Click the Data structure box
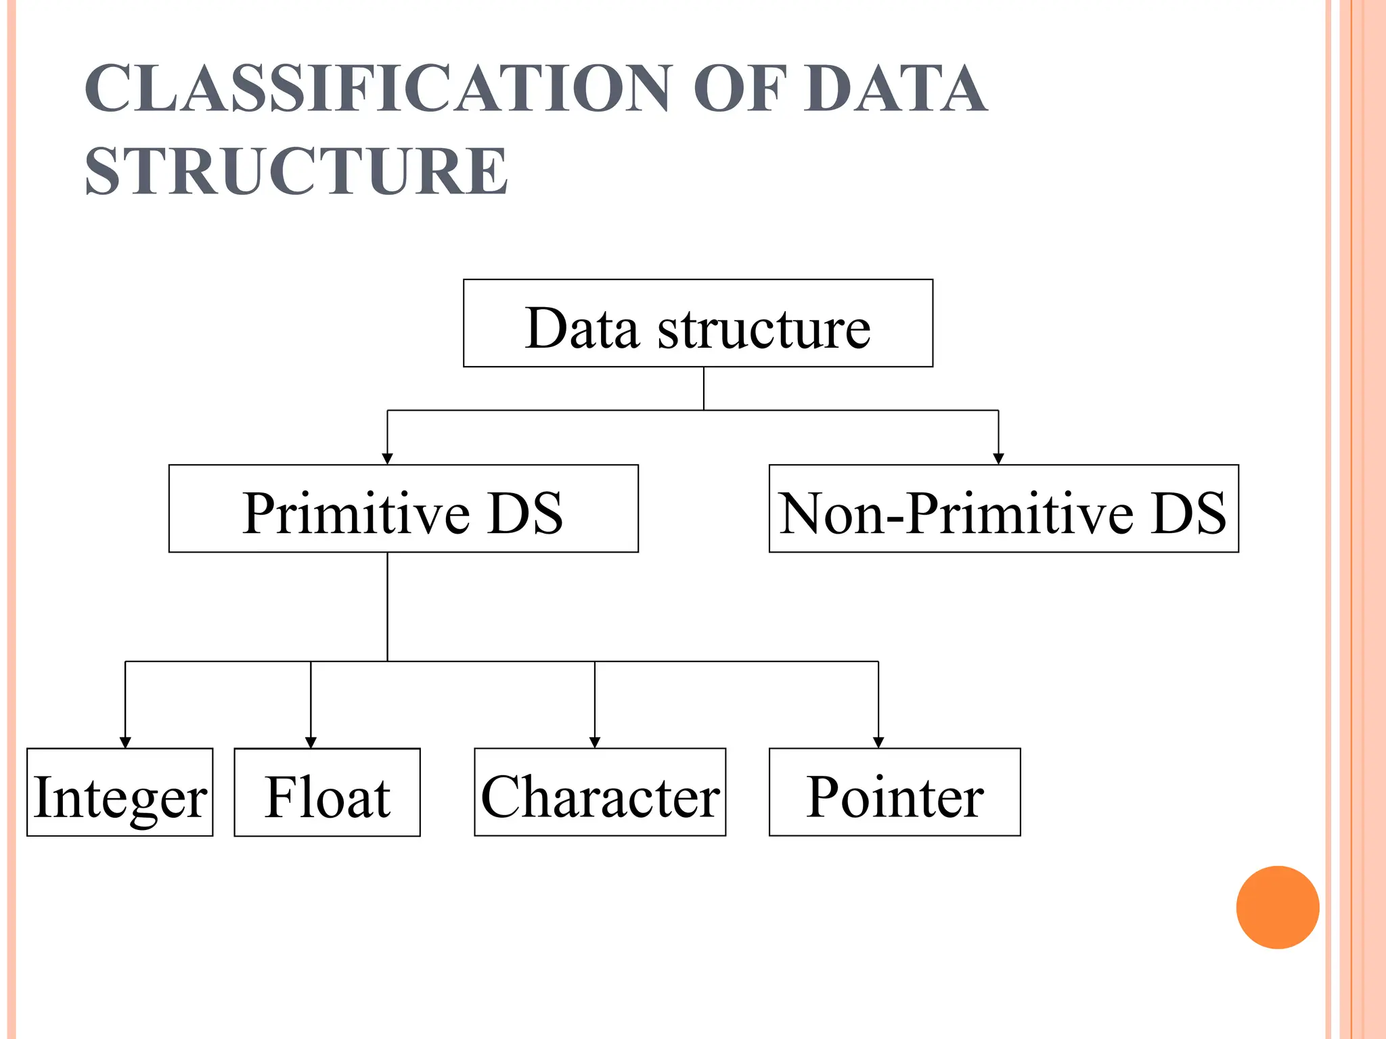[698, 323]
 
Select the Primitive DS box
[403, 509]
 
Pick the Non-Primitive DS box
[1004, 509]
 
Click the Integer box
[120, 792]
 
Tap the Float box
[327, 792]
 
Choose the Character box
[600, 792]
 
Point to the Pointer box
[895, 792]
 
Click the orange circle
[1277, 907]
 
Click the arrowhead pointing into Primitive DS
[387, 459]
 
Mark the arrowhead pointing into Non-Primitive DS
[998, 459]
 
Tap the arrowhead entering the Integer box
[125, 742]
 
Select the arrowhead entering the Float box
[311, 742]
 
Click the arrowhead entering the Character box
[595, 742]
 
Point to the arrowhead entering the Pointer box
[878, 742]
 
